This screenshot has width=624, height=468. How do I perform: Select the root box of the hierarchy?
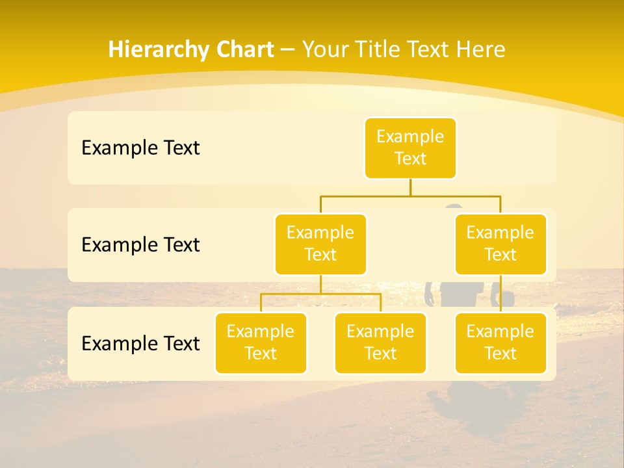410,148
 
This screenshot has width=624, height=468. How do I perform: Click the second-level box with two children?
320,244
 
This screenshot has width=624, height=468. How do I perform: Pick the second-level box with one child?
500,244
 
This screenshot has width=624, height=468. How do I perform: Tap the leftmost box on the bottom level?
261,343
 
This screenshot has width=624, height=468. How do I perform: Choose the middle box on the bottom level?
380,343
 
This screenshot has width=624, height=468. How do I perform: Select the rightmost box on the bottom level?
500,343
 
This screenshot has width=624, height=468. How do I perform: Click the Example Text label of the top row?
140,148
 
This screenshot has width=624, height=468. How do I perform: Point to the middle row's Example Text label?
140,244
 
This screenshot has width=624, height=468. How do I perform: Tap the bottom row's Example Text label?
140,343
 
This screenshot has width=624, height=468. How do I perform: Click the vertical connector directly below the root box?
410,187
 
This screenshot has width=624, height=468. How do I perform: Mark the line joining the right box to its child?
500,294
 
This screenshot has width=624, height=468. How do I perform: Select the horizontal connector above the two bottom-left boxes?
320,294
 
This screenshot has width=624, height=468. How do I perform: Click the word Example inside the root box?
410,136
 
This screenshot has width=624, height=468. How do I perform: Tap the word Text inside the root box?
410,159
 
